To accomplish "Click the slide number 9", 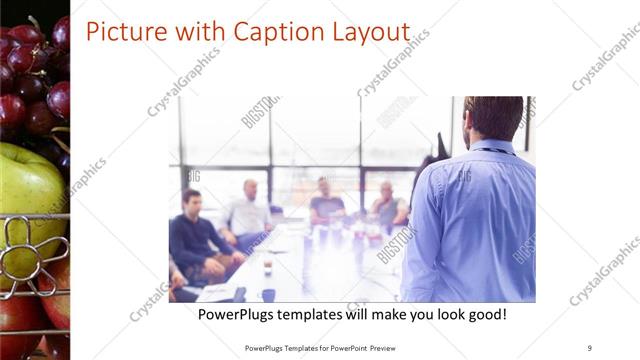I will tap(590, 347).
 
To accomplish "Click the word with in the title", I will tap(196, 32).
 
